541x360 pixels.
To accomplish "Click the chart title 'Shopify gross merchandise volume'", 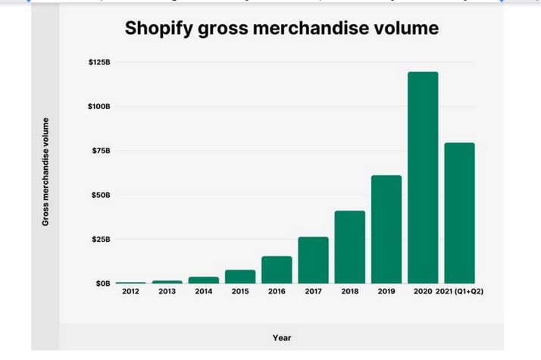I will [x=281, y=29].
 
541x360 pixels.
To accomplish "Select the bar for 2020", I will [x=423, y=177].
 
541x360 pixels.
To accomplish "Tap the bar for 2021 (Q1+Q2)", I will [x=459, y=213].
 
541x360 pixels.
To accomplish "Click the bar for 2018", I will [x=350, y=246].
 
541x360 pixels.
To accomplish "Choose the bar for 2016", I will [x=277, y=269].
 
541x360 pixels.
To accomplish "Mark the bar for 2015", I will [x=240, y=276].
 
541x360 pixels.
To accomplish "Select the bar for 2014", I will [x=204, y=280].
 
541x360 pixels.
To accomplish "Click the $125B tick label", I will [x=99, y=62].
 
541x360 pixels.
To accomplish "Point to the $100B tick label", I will [x=99, y=106].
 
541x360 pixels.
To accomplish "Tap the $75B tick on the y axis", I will [x=101, y=151].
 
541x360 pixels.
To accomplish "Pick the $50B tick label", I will [x=101, y=195].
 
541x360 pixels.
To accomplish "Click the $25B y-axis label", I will [x=101, y=239].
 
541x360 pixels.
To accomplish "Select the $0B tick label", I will [x=102, y=283].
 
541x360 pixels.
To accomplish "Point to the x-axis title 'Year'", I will [x=281, y=337].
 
